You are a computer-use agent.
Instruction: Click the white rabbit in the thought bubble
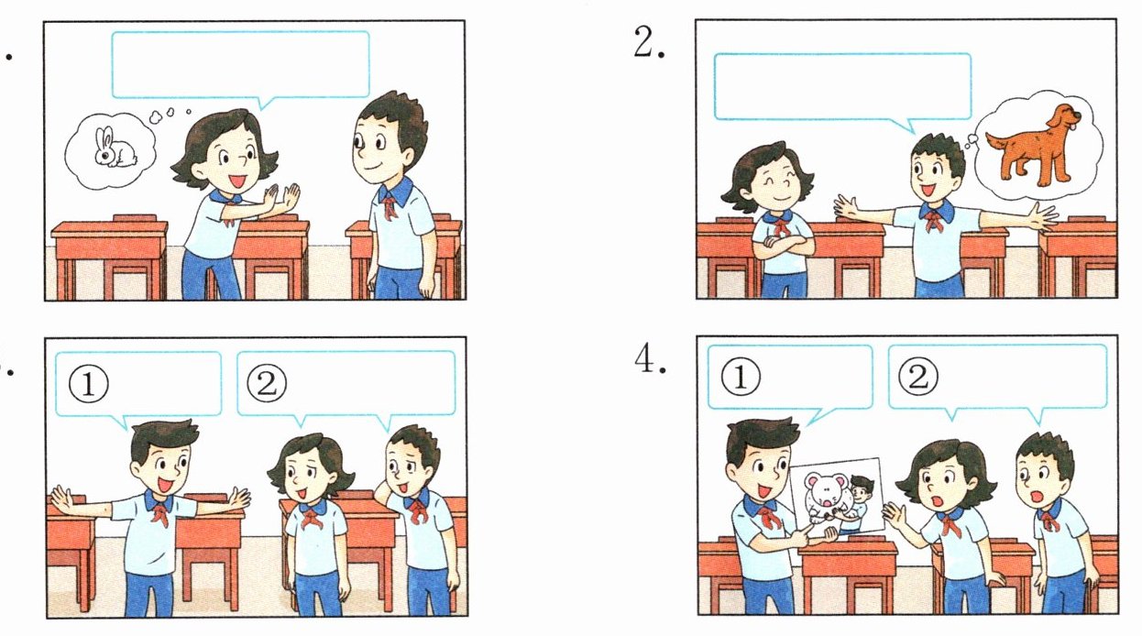(115, 148)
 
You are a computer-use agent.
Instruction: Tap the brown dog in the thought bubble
(1031, 145)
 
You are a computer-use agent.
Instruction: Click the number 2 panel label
(649, 42)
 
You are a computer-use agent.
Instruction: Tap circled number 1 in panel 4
(741, 378)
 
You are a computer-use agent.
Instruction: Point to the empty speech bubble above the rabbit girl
(240, 65)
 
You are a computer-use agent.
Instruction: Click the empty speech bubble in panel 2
(842, 88)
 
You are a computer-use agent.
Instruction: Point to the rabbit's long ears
(105, 137)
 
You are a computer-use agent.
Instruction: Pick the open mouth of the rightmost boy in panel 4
(1037, 496)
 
